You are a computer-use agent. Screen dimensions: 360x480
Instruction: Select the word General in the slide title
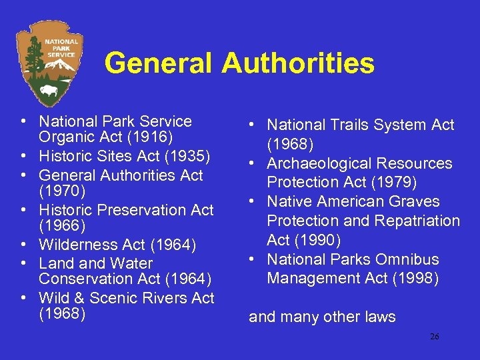160,64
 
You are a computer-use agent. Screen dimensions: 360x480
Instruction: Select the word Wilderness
81,245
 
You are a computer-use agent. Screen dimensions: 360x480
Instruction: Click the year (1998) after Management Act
416,278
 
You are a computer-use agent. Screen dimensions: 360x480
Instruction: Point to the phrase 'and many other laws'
322,317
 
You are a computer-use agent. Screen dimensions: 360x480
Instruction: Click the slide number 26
434,337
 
